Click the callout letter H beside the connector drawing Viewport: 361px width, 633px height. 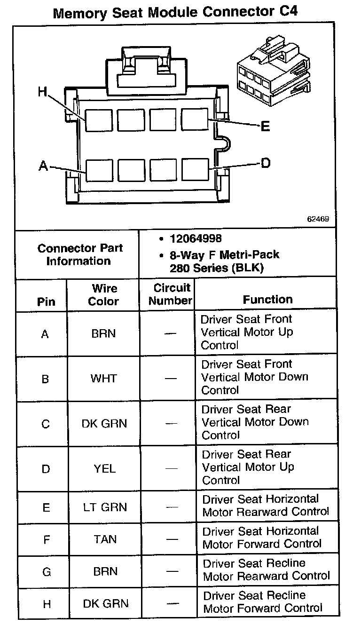(x=43, y=92)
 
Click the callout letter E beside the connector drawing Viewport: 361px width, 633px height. (x=265, y=126)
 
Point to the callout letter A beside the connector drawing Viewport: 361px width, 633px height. (x=44, y=166)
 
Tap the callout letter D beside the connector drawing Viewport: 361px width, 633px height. (x=266, y=163)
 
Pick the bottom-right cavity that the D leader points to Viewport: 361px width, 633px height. (x=195, y=170)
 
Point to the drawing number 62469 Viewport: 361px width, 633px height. (x=318, y=219)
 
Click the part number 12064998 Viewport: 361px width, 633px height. (x=196, y=238)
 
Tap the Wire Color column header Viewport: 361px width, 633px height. (x=104, y=295)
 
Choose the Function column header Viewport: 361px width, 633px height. (x=267, y=299)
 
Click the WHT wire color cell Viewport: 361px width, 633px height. (x=104, y=379)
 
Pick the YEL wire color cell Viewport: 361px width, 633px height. (x=104, y=469)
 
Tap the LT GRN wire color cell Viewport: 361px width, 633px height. (x=104, y=507)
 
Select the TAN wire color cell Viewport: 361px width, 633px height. (x=105, y=539)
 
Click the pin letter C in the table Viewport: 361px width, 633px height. (x=46, y=424)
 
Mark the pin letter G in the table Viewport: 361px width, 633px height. (x=47, y=572)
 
